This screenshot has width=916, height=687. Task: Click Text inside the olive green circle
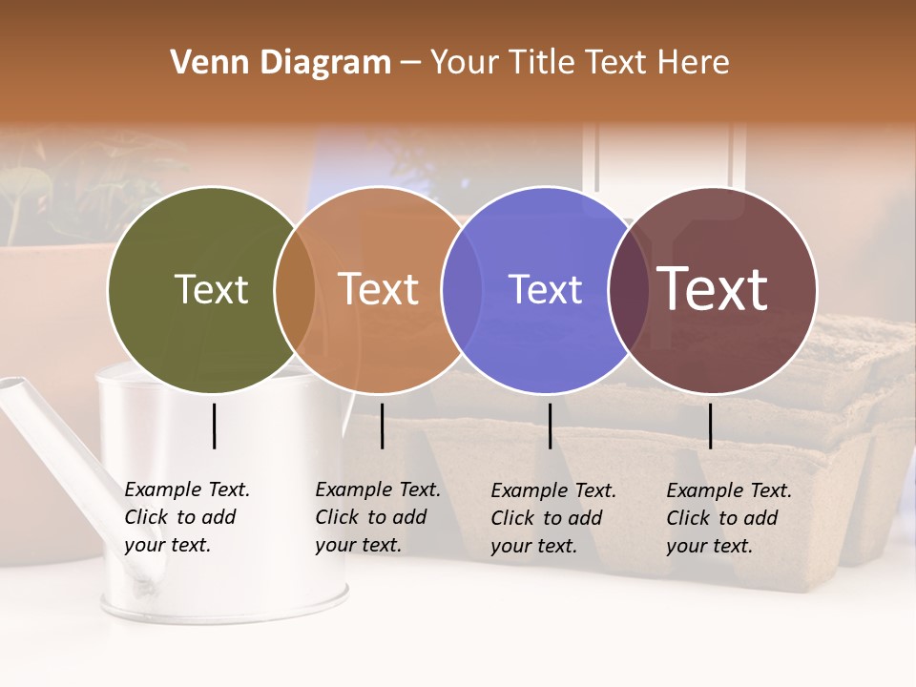(211, 289)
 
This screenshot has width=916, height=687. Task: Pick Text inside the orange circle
(379, 289)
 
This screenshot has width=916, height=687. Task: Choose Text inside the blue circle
(545, 289)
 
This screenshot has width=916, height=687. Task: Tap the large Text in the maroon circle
(713, 288)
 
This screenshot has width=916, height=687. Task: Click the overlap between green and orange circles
(295, 290)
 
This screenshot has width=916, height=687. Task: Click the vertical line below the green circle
(215, 426)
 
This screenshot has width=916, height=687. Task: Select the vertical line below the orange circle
(382, 426)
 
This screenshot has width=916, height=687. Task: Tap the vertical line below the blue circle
(551, 426)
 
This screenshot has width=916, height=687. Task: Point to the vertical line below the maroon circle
(711, 426)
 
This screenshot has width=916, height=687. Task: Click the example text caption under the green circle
(186, 517)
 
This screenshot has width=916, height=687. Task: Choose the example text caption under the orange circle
(377, 517)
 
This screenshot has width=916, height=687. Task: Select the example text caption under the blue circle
(552, 518)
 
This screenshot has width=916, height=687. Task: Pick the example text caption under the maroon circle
(728, 518)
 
